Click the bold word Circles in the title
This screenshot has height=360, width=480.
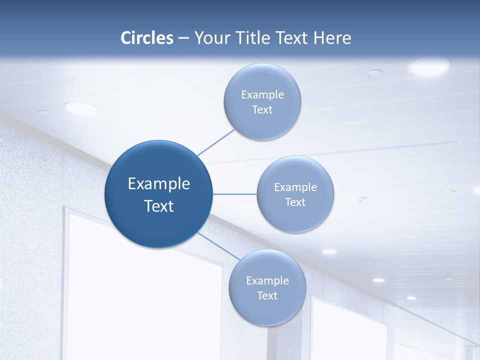coord(147,38)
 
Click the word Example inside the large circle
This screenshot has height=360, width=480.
coord(159,184)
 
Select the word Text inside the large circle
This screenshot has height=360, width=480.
coord(159,206)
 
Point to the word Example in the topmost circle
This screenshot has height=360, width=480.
coord(262,94)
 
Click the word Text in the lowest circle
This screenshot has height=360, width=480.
coord(267,295)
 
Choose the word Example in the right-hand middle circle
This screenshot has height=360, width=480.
coord(295,187)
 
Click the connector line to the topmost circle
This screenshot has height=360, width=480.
coord(216,142)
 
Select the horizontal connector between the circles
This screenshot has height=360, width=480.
coord(235,194)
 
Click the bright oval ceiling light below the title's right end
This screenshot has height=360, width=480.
coord(429,66)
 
